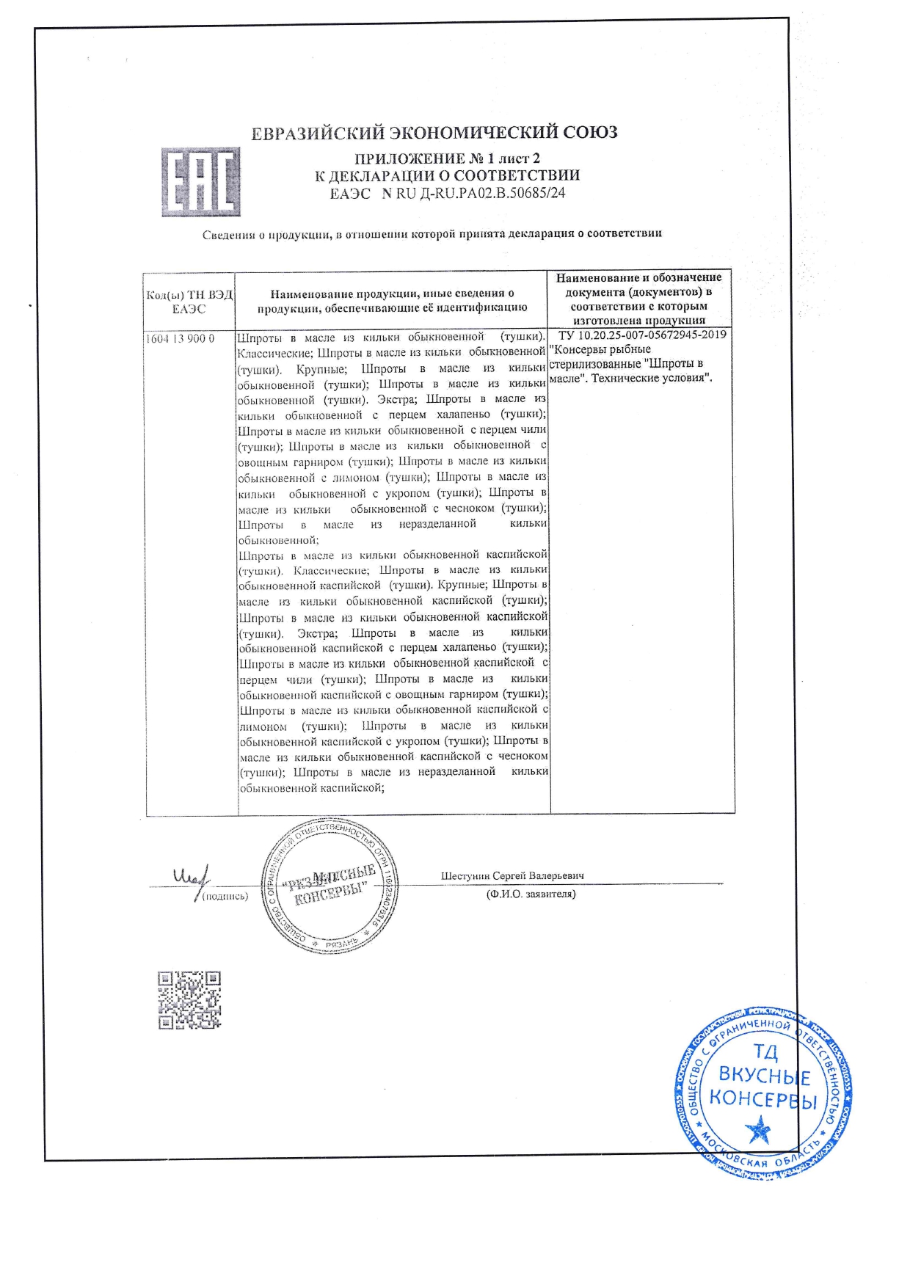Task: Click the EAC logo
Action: (200, 182)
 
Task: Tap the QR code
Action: (189, 999)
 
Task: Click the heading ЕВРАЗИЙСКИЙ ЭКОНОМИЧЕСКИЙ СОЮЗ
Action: (434, 133)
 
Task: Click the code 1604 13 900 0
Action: (181, 339)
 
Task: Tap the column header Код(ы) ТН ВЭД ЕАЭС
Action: (189, 302)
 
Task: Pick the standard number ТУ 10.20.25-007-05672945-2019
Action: (642, 335)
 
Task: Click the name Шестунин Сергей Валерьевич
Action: (512, 876)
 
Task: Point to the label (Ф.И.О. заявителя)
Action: (531, 894)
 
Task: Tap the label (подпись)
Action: (225, 896)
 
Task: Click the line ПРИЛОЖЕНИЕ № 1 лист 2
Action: (447, 158)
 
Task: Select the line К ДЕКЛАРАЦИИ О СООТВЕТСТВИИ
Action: (447, 176)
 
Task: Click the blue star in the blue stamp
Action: (758, 1131)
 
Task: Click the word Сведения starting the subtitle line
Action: (229, 235)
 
